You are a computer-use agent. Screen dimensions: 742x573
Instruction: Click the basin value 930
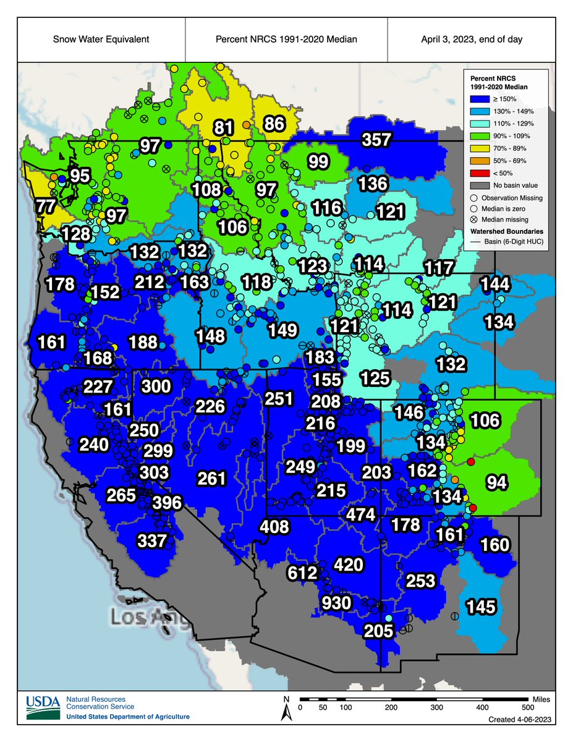[x=336, y=603]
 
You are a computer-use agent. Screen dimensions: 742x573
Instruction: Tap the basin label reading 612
[x=302, y=573]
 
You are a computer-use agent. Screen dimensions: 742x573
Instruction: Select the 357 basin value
[x=376, y=140]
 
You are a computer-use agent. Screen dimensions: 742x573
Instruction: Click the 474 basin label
[x=360, y=514]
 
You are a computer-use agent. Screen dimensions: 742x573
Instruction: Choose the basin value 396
[x=167, y=502]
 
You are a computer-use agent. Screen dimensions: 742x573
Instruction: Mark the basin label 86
[x=274, y=124]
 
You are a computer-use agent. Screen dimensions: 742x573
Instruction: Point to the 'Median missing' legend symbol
[x=473, y=220]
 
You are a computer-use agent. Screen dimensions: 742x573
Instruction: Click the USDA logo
[x=43, y=703]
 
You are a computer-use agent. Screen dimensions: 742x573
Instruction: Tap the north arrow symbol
[x=286, y=709]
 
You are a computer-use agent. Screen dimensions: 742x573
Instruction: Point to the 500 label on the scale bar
[x=528, y=707]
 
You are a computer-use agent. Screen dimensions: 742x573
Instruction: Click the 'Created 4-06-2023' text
[x=517, y=720]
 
